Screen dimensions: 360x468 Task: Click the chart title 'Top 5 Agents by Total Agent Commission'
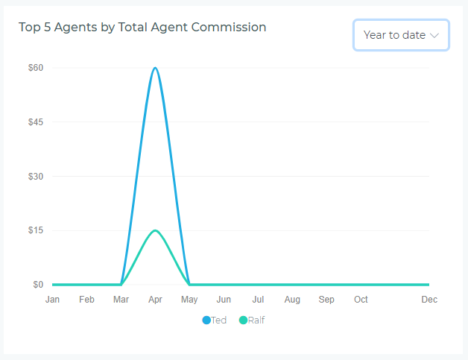[142, 28]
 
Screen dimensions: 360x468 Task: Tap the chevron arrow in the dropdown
[435, 35]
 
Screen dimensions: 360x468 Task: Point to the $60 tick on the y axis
[36, 68]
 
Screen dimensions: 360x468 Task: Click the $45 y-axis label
[36, 122]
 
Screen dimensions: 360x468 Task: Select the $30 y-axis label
[36, 177]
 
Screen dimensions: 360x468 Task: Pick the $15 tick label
[36, 230]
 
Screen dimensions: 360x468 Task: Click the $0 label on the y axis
[38, 285]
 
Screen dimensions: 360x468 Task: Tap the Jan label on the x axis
[52, 300]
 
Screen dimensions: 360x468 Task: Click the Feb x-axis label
[86, 300]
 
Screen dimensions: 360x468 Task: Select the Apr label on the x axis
[155, 300]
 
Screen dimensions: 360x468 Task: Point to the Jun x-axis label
[224, 300]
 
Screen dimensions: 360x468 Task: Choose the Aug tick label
[292, 300]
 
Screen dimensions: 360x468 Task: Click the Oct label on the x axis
[361, 300]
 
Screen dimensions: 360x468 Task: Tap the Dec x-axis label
[429, 300]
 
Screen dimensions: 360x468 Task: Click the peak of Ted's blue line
[155, 68]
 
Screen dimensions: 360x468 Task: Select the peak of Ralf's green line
[155, 230]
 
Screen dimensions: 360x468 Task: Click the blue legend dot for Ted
[206, 320]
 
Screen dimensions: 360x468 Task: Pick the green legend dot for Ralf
[243, 320]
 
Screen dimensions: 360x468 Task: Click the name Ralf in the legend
[256, 320]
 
